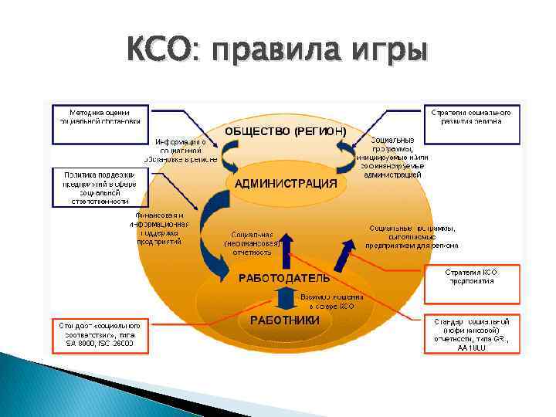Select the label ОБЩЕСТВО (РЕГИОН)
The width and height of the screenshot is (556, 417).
(285, 131)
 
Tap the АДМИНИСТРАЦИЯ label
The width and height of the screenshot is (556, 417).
(286, 183)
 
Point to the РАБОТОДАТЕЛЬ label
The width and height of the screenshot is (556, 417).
(283, 277)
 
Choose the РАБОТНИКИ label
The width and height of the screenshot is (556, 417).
(284, 320)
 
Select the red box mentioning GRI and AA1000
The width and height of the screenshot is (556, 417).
(472, 333)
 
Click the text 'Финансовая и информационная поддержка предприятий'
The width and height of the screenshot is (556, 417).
(159, 228)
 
